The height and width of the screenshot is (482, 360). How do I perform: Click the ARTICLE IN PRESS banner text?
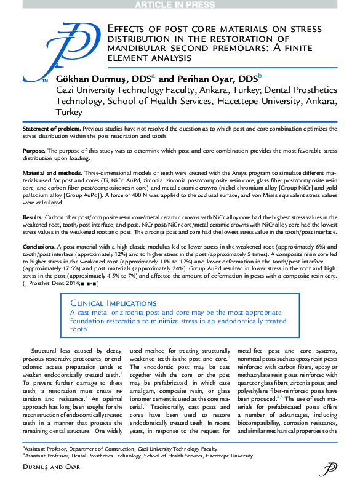coord(180,4)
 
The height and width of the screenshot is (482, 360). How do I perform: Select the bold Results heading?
coord(32,218)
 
